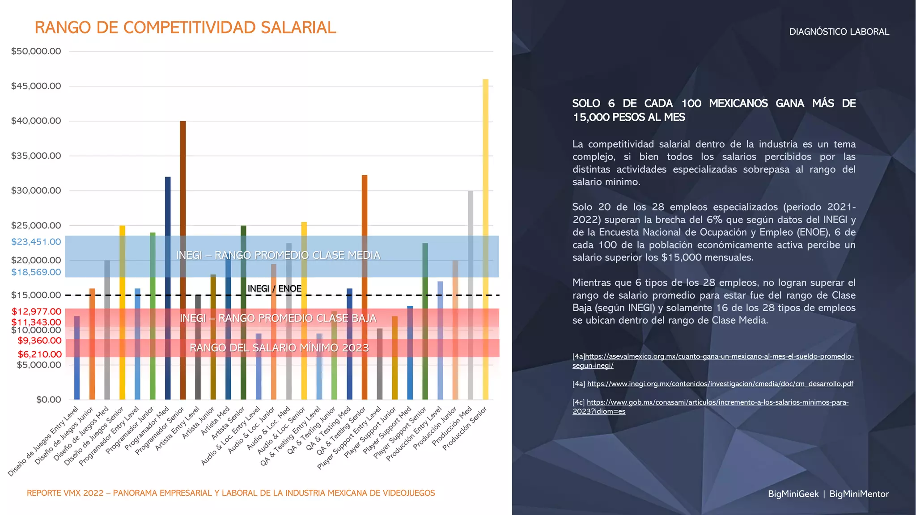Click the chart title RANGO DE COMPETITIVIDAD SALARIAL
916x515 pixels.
pyautogui.click(x=185, y=28)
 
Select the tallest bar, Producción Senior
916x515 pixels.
pyautogui.click(x=485, y=224)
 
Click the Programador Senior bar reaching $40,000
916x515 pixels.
pyautogui.click(x=182, y=201)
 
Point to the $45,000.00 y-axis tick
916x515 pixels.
pyautogui.click(x=36, y=86)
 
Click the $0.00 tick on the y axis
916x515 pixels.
pyautogui.click(x=49, y=400)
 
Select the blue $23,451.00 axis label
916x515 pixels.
pyautogui.click(x=36, y=242)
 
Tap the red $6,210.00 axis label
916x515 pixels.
pyautogui.click(x=40, y=355)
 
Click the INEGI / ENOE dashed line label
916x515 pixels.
pyautogui.click(x=274, y=289)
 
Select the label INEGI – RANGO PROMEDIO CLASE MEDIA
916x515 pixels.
pyautogui.click(x=278, y=255)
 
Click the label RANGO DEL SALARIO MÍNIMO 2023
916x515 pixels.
pyautogui.click(x=279, y=348)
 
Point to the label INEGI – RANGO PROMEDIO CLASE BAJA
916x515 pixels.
pyautogui.click(x=278, y=318)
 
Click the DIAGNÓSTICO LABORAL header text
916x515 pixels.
pyautogui.click(x=839, y=32)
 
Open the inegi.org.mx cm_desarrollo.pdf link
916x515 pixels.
pyautogui.click(x=720, y=384)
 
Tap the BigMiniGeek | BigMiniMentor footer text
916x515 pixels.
pyautogui.click(x=828, y=494)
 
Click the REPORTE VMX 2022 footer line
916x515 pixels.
pyautogui.click(x=231, y=493)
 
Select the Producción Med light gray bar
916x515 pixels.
pyautogui.click(x=470, y=295)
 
